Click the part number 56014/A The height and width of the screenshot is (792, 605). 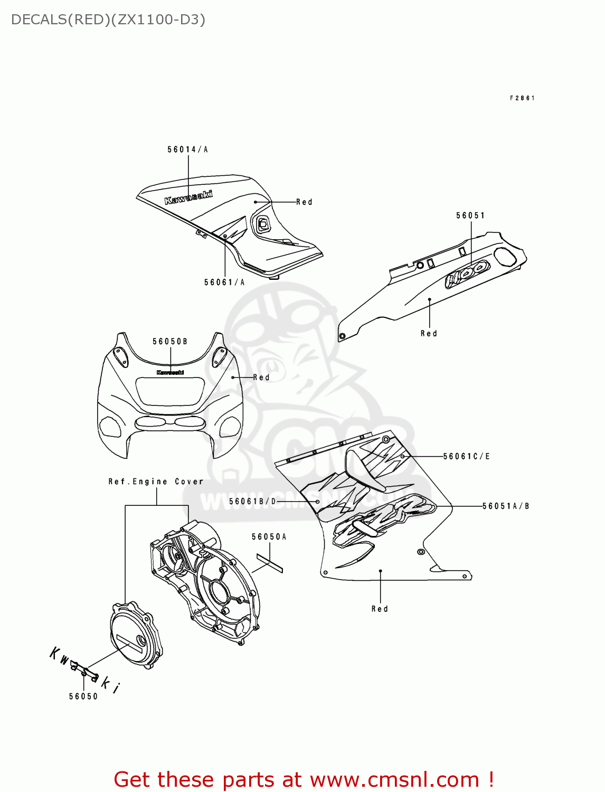click(x=187, y=149)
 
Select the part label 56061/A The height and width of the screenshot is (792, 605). click(x=224, y=282)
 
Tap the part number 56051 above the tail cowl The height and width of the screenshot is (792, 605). click(x=470, y=215)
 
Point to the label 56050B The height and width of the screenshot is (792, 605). click(x=170, y=342)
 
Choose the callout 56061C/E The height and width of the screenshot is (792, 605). click(x=467, y=456)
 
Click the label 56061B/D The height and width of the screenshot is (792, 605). click(x=253, y=501)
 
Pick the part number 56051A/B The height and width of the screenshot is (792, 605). click(x=506, y=506)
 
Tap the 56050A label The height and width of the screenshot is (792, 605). click(x=269, y=537)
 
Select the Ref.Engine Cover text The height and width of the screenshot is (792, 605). click(x=156, y=482)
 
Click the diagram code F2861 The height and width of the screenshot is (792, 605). click(x=522, y=98)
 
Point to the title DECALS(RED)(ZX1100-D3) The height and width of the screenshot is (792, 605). click(x=108, y=20)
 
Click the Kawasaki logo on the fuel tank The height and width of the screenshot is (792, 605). click(x=188, y=197)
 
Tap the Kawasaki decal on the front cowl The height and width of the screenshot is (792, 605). click(x=170, y=372)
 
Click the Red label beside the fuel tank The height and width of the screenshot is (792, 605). click(x=304, y=202)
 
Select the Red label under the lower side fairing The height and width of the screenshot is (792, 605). click(x=380, y=609)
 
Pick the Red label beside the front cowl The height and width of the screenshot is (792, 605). click(x=261, y=378)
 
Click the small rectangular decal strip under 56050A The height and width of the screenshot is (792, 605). click(x=270, y=562)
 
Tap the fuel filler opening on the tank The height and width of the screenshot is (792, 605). click(x=262, y=224)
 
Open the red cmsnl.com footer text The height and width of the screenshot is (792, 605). click(x=304, y=779)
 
